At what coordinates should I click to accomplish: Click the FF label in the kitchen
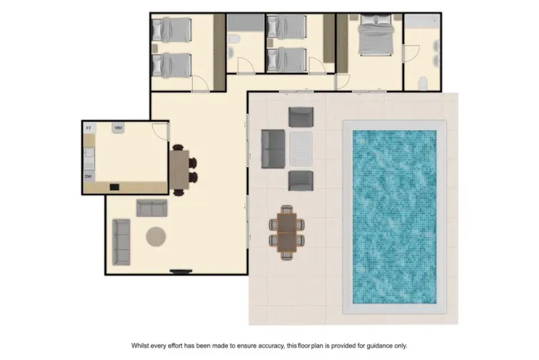89,127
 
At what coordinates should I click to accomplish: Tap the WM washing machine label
118,128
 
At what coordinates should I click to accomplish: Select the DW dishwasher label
89,176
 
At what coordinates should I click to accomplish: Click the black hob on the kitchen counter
114,187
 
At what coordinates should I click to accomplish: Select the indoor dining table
178,169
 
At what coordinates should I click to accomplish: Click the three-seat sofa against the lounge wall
121,242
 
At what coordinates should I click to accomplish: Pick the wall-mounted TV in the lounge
182,271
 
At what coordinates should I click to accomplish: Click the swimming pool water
394,214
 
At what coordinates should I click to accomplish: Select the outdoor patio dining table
287,232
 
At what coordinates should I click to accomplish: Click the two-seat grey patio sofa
273,149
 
